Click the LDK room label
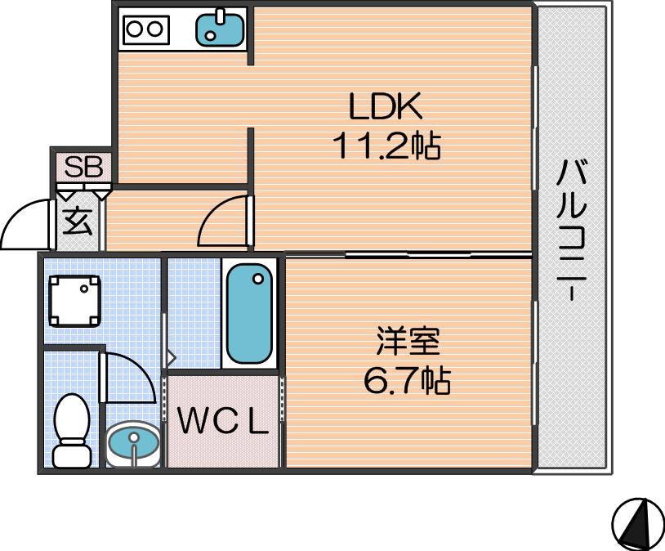coord(385,105)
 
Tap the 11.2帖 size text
coord(386,146)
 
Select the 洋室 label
coord(408,341)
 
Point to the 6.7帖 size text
coord(407,380)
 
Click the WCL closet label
coord(223,420)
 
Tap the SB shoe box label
coord(83,168)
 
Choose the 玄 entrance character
coord(78,221)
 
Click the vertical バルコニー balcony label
coord(572,229)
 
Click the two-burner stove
coord(146,29)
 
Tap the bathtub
coord(249,313)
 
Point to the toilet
coord(72,431)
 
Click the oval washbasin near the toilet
coord(132,444)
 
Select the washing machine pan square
coord(74,301)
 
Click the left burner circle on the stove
coord(135,29)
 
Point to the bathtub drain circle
coord(258,279)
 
